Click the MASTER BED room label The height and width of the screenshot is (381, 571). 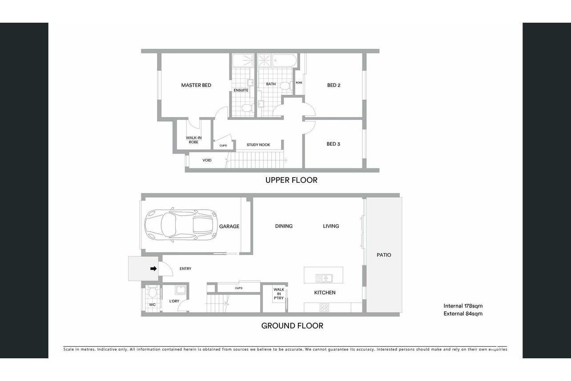(196, 85)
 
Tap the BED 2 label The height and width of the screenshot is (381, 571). (334, 85)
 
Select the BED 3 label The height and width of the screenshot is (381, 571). (333, 144)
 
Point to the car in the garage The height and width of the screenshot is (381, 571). (181, 225)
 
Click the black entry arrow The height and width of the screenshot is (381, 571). (153, 268)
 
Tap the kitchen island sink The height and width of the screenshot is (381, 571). (324, 278)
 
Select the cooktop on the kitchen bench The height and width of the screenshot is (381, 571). (324, 308)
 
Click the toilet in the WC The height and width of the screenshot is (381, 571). (153, 292)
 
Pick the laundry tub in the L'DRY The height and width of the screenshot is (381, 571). (181, 290)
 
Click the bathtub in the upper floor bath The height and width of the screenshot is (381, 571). (284, 61)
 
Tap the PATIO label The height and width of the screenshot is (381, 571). (384, 255)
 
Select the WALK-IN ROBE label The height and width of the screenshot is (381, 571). (194, 140)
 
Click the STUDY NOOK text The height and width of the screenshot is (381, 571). (258, 145)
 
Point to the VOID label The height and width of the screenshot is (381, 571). (207, 160)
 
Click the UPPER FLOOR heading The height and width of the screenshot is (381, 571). (291, 180)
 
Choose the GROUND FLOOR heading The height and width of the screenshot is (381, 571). (292, 326)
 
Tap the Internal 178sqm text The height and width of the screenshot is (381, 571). (463, 306)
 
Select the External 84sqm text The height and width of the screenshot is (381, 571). (463, 314)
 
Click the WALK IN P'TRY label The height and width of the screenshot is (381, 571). (279, 294)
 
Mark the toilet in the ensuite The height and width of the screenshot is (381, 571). (247, 108)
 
